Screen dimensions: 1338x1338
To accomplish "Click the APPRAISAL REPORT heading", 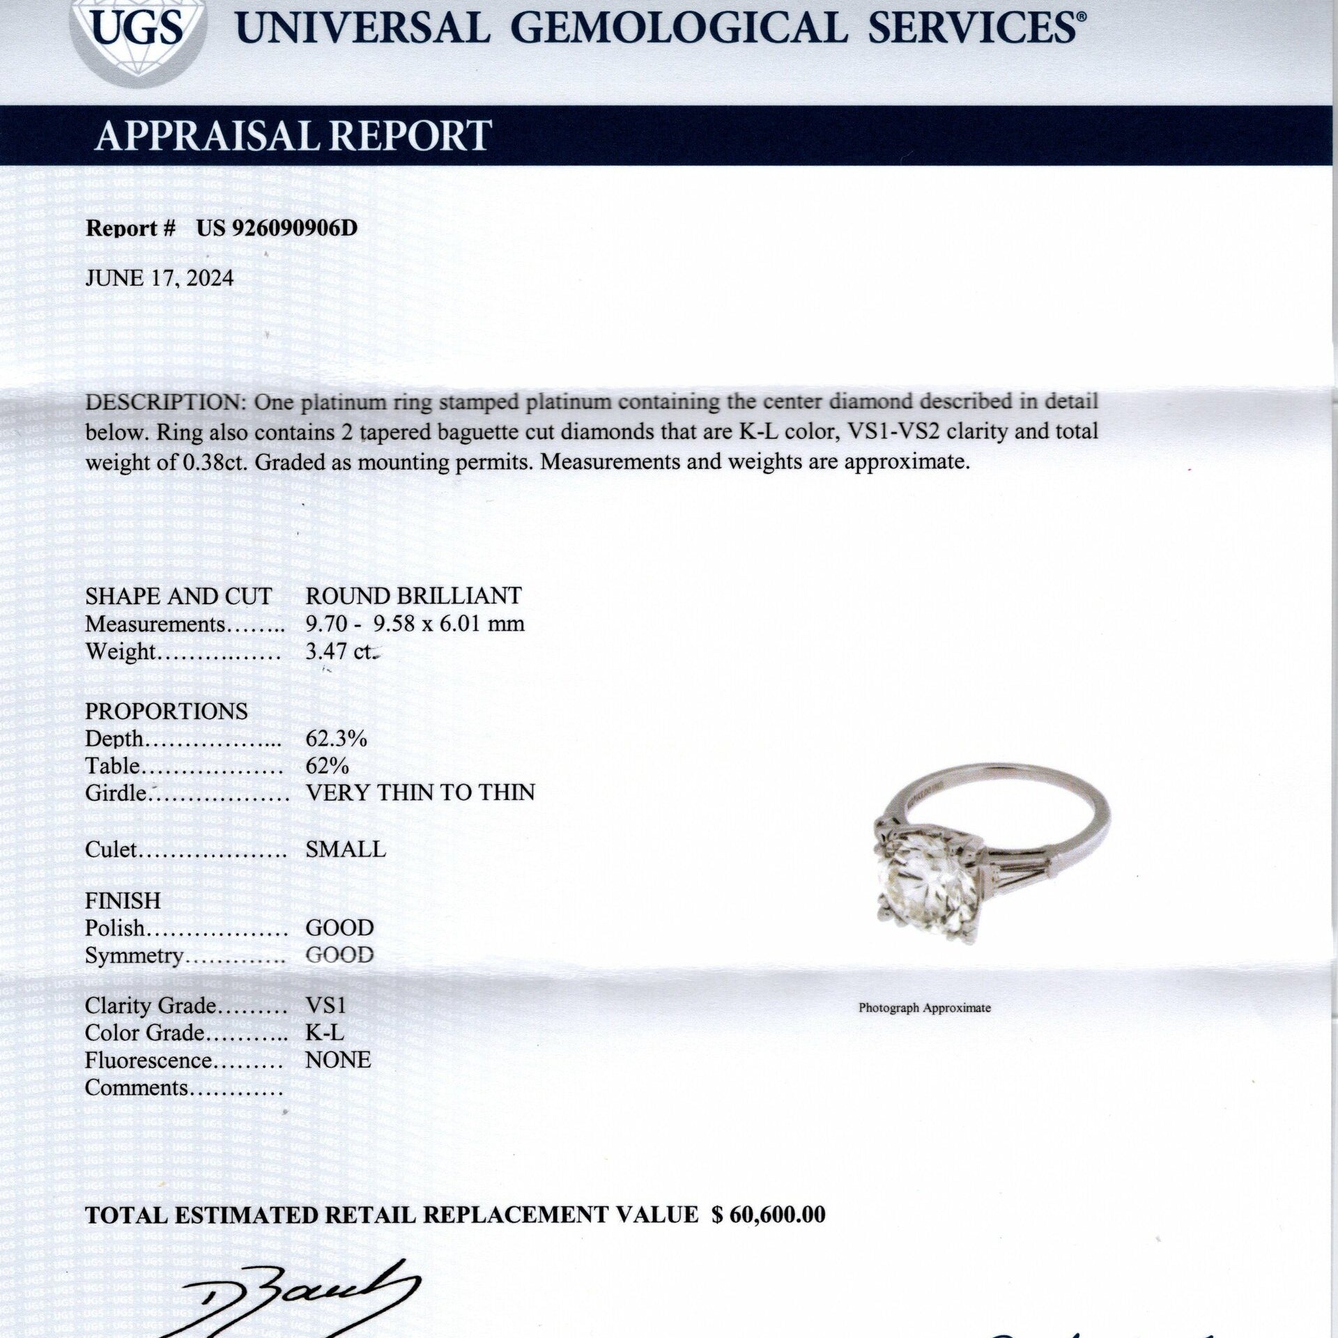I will click(293, 135).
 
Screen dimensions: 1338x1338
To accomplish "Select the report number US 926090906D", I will click(277, 229).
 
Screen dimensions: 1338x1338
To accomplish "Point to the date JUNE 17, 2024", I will click(160, 278).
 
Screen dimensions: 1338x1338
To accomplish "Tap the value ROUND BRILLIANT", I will click(413, 596).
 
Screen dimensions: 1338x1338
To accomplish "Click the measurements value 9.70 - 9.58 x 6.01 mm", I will click(415, 623).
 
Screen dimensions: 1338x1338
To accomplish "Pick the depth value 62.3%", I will click(336, 739).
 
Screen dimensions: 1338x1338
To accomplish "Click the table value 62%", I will click(327, 766).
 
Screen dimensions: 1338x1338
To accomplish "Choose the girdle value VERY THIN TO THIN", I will click(420, 793).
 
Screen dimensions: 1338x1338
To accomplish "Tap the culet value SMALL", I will click(346, 849).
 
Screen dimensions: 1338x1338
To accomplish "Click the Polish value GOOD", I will click(339, 928).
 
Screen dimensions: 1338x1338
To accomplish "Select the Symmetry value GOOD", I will click(339, 955).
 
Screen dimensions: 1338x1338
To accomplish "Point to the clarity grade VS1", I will click(325, 1006).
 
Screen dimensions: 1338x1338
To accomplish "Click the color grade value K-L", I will click(325, 1032).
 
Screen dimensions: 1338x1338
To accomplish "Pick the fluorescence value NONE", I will click(338, 1060).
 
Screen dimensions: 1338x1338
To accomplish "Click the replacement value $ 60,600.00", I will click(768, 1215).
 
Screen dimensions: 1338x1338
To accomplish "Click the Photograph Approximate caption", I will click(924, 1008).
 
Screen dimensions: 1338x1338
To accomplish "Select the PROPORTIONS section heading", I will click(166, 712).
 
